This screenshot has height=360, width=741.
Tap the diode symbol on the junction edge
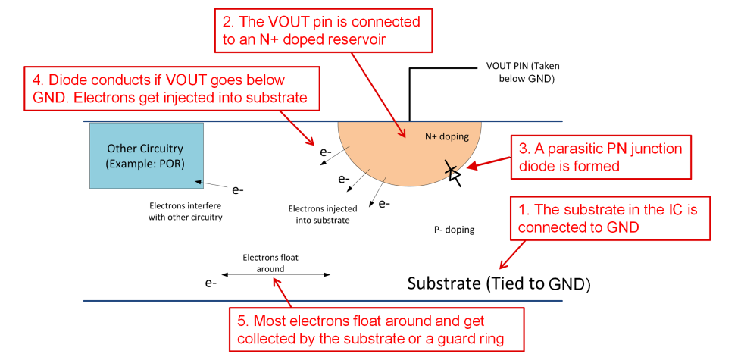(x=453, y=172)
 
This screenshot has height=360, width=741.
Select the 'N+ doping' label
(x=447, y=136)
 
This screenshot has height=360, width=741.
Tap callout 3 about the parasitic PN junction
(x=601, y=157)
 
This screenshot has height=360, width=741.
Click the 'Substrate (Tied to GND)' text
(x=499, y=284)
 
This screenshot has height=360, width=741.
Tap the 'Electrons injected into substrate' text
(x=318, y=214)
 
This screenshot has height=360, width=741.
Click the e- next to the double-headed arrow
(x=211, y=283)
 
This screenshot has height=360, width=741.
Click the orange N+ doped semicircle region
(x=394, y=152)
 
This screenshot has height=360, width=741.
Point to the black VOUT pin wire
(x=411, y=91)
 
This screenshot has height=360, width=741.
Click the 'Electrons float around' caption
(x=270, y=262)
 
